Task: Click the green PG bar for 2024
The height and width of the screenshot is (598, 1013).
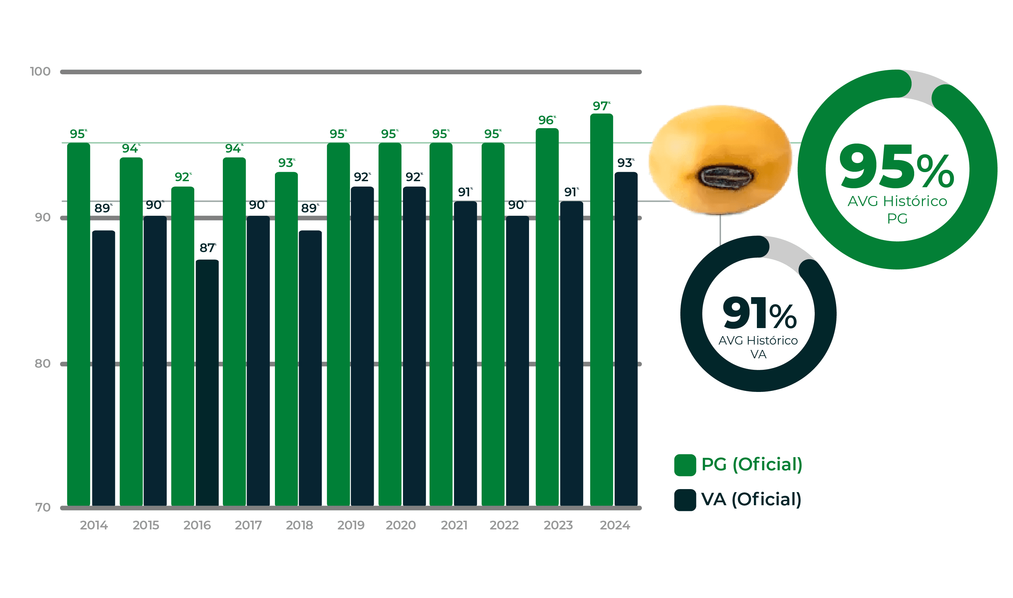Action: click(x=601, y=310)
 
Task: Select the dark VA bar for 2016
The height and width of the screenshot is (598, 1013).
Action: click(x=207, y=383)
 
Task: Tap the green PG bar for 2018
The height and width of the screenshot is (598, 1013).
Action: click(x=286, y=338)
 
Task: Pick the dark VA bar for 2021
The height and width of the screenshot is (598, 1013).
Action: click(x=465, y=355)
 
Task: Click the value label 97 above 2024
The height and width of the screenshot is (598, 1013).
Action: click(x=600, y=106)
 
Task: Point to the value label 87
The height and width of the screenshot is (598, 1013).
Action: click(x=207, y=248)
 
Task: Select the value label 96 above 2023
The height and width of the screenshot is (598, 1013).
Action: click(x=546, y=120)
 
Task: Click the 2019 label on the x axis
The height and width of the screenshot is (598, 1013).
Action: click(x=351, y=525)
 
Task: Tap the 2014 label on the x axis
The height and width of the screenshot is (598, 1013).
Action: click(x=93, y=525)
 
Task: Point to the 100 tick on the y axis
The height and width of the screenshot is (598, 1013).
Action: click(x=40, y=72)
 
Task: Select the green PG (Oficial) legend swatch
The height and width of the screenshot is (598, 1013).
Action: click(x=685, y=465)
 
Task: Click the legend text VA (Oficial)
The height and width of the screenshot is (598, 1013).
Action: click(x=751, y=499)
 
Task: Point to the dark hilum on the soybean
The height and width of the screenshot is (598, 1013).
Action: click(x=725, y=176)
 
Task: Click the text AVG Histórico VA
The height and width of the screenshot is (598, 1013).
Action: click(x=758, y=347)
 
